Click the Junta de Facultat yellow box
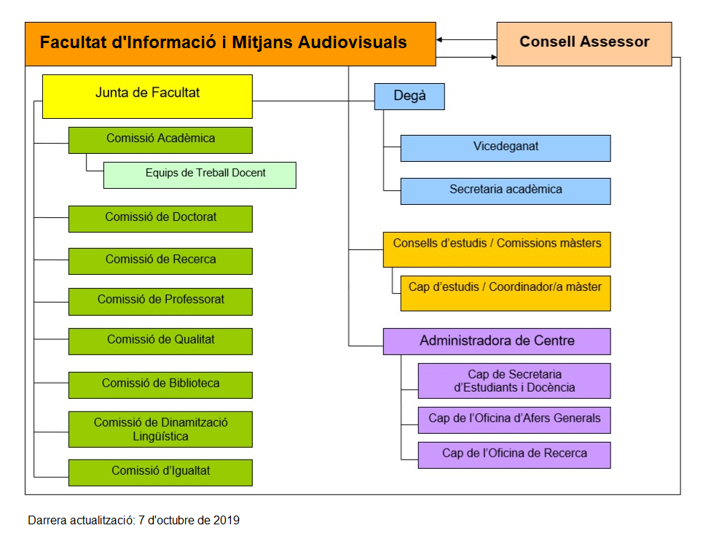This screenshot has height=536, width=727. coord(147,96)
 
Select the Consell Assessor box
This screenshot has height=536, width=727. coord(584,44)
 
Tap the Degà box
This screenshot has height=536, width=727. coord(409,96)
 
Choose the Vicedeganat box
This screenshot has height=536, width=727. coord(506,147)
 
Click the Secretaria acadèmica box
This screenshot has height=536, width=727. coord(506,190)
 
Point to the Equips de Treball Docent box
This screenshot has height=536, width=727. coord(200,175)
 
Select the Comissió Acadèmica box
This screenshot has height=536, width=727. coord(160,139)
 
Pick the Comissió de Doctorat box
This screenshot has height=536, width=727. coord(160,218)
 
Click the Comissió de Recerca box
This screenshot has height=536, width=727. coord(160,260)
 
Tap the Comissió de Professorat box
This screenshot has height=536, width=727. coord(160,300)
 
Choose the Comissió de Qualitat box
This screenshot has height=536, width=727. coord(160,341)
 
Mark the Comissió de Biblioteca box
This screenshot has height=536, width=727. coord(160,384)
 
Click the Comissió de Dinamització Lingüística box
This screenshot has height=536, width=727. coord(160,430)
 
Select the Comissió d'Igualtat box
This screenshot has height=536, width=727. coord(160,472)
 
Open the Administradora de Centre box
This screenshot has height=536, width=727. coord(497,341)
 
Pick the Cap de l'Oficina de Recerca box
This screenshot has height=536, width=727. coord(514,454)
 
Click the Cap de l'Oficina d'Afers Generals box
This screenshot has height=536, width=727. coord(514,419)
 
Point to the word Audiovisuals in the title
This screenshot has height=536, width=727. coord(353,42)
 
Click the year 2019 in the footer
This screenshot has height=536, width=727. coord(227,521)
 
